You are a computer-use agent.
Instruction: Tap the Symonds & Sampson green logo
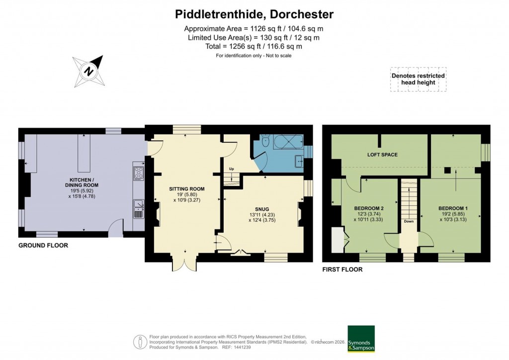pyautogui.click(x=361, y=339)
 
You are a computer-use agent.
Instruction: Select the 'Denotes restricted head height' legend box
pyautogui.click(x=418, y=79)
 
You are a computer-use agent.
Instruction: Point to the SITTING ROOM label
pyautogui.click(x=186, y=189)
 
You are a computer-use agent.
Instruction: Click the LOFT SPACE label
pyautogui.click(x=382, y=155)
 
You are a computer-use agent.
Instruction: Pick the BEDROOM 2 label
pyautogui.click(x=369, y=208)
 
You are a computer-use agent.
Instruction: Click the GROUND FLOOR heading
pyautogui.click(x=43, y=246)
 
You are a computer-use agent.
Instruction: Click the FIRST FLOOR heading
pyautogui.click(x=342, y=270)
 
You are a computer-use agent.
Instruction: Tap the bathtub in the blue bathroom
pyautogui.click(x=287, y=142)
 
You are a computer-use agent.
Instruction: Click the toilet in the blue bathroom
pyautogui.click(x=266, y=142)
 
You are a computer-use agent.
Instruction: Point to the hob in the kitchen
pyautogui.click(x=138, y=173)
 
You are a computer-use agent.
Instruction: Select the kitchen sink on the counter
pyautogui.click(x=138, y=208)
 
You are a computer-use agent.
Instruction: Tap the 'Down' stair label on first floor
pyautogui.click(x=409, y=222)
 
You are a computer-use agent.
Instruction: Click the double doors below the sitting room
pyautogui.click(x=185, y=265)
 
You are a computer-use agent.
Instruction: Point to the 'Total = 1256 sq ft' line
pyautogui.click(x=254, y=46)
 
